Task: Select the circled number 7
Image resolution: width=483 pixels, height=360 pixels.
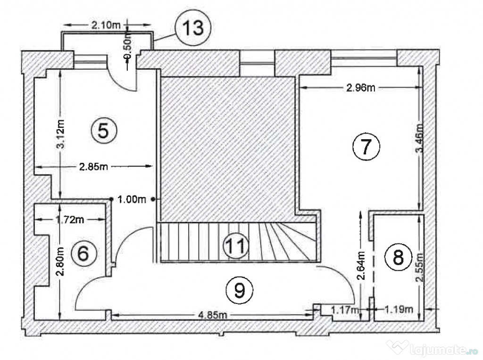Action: [x=366, y=146]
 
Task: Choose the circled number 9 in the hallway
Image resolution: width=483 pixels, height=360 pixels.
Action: [x=239, y=290]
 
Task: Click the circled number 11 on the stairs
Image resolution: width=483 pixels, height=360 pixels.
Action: [x=236, y=246]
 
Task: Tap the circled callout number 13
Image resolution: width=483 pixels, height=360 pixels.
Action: [x=193, y=27]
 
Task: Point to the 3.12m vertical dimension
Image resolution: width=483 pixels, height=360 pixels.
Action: [x=61, y=134]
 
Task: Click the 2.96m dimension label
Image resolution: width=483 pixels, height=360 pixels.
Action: [x=361, y=88]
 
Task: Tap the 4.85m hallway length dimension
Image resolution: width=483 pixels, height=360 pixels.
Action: [x=213, y=315]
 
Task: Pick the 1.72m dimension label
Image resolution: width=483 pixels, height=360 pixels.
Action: [x=70, y=219]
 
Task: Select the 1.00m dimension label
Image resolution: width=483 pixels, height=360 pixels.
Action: [x=132, y=200]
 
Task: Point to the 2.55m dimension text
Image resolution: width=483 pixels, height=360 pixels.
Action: [x=419, y=267]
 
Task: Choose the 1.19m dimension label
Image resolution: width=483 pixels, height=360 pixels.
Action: [x=399, y=309]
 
